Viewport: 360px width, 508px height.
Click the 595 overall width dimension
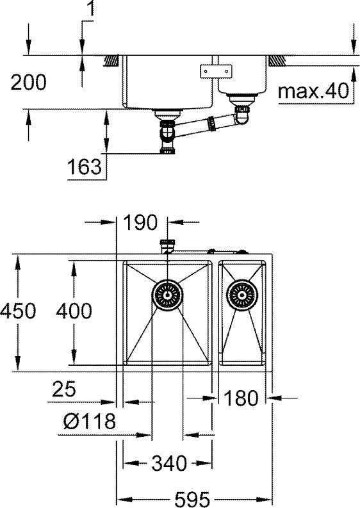192,499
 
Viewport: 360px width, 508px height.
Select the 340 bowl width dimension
169,463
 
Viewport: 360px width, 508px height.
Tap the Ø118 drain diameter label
90,421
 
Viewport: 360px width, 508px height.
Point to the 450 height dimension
18,311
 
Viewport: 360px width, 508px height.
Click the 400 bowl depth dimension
74,311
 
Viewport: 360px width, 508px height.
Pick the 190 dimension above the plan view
140,222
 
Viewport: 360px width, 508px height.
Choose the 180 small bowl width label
241,398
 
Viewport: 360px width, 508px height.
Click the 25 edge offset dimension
64,389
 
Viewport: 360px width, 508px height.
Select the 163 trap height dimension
85,167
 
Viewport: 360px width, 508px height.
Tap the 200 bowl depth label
29,82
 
